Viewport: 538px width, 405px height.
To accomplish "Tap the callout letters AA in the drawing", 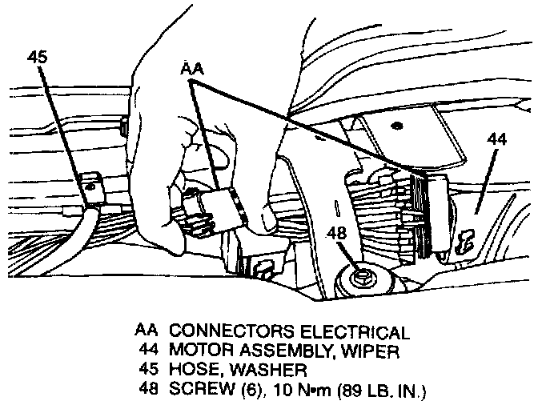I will click(192, 70).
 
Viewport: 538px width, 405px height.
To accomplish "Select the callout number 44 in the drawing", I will click(496, 138).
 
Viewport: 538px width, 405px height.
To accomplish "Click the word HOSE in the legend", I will click(191, 370).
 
